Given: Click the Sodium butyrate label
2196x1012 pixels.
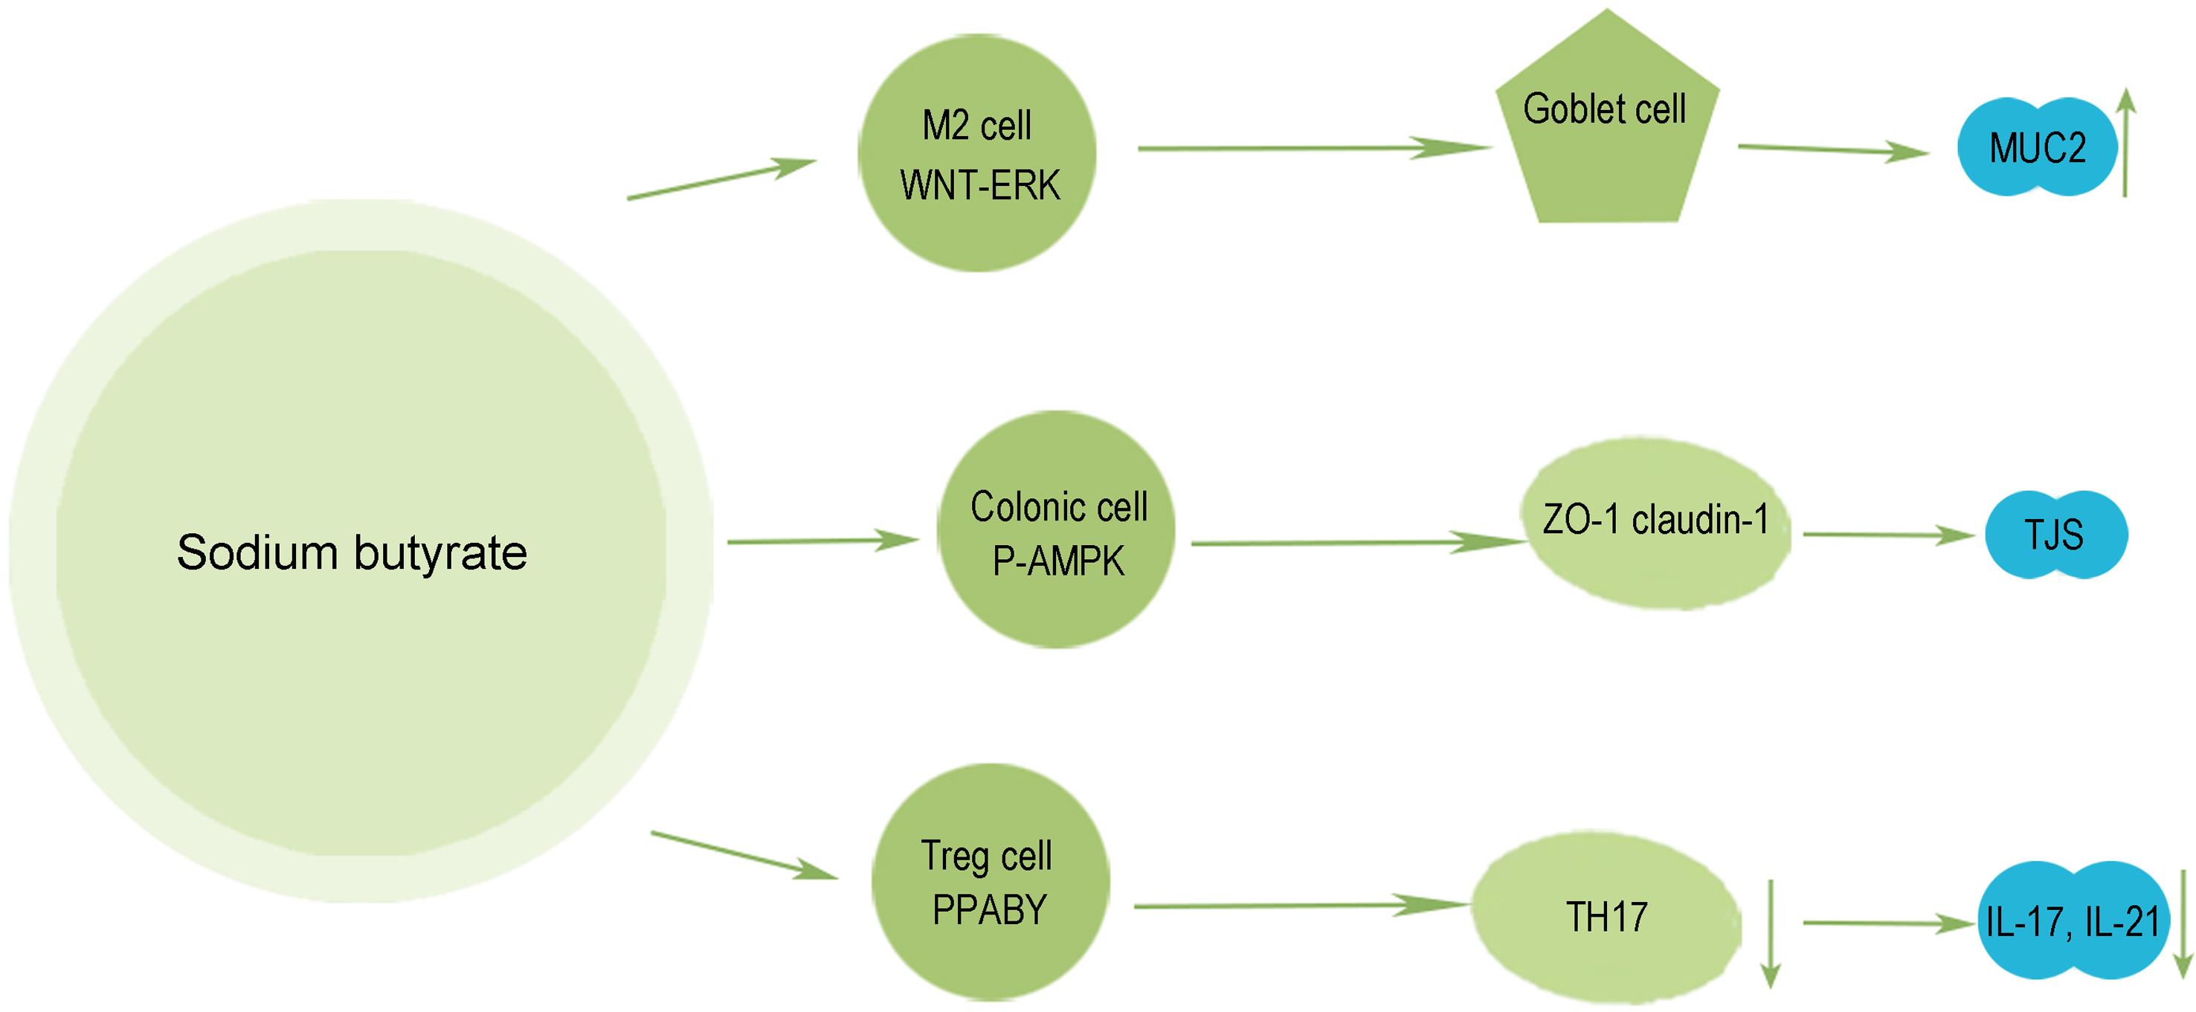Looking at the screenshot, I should coord(352,552).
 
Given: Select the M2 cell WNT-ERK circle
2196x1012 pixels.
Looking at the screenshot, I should coord(977,153).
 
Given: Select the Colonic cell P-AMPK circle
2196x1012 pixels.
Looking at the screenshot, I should coord(1056,529).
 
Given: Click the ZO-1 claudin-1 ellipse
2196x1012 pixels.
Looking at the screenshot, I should coord(1655,523).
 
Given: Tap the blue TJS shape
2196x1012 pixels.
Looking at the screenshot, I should coord(2055,535).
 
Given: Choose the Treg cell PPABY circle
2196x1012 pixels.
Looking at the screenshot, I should coord(991,883).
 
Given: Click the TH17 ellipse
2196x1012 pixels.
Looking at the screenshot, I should coord(1606,918).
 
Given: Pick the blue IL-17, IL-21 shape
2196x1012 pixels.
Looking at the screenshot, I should coord(2072,921).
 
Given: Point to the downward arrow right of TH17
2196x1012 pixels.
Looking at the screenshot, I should coord(1771,935).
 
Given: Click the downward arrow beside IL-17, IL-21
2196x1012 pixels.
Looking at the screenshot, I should coord(2183,924).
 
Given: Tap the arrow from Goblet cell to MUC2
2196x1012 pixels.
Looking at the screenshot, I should coord(1833,150).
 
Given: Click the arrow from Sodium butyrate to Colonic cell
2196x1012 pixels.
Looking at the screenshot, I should coord(822,541).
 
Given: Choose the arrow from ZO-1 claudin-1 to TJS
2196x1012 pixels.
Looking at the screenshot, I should coord(1888,535).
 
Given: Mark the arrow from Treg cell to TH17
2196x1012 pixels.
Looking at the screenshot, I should coord(1300,906).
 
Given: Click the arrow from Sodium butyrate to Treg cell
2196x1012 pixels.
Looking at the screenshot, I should coord(744,855).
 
